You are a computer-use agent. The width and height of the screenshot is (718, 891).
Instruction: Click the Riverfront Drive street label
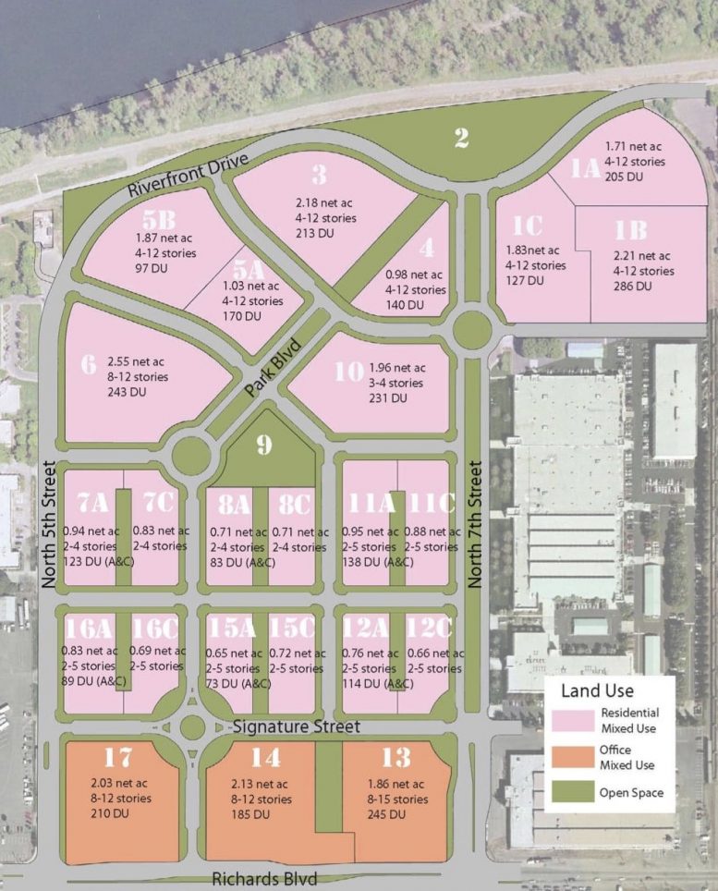tap(189, 175)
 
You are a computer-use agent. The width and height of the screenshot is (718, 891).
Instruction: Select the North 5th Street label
tap(49, 526)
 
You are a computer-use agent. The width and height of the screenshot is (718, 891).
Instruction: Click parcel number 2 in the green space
tap(462, 138)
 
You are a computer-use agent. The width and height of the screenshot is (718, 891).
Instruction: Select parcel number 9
tap(264, 445)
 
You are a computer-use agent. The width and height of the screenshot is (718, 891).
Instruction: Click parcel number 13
tap(396, 758)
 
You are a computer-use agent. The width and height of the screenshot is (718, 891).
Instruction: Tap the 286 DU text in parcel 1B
tap(632, 287)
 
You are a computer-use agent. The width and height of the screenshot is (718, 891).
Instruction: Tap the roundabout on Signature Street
tap(192, 726)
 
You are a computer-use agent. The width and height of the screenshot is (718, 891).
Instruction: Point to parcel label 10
tap(348, 372)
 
